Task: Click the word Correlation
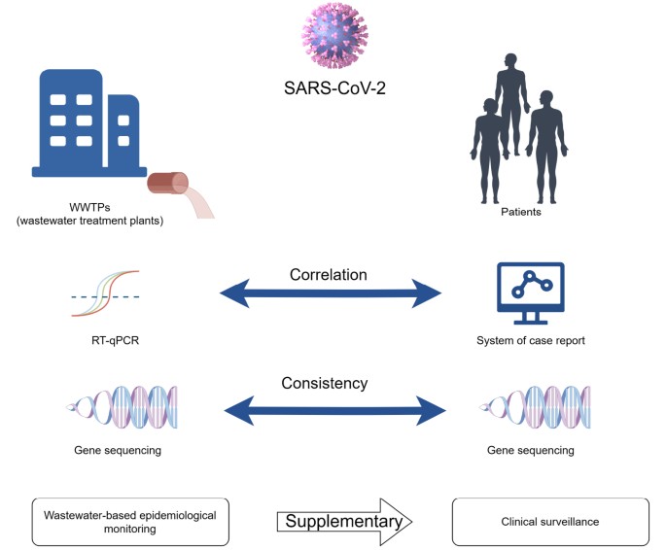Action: tap(329, 275)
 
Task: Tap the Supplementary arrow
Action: tap(345, 522)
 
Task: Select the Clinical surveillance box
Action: tap(549, 521)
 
